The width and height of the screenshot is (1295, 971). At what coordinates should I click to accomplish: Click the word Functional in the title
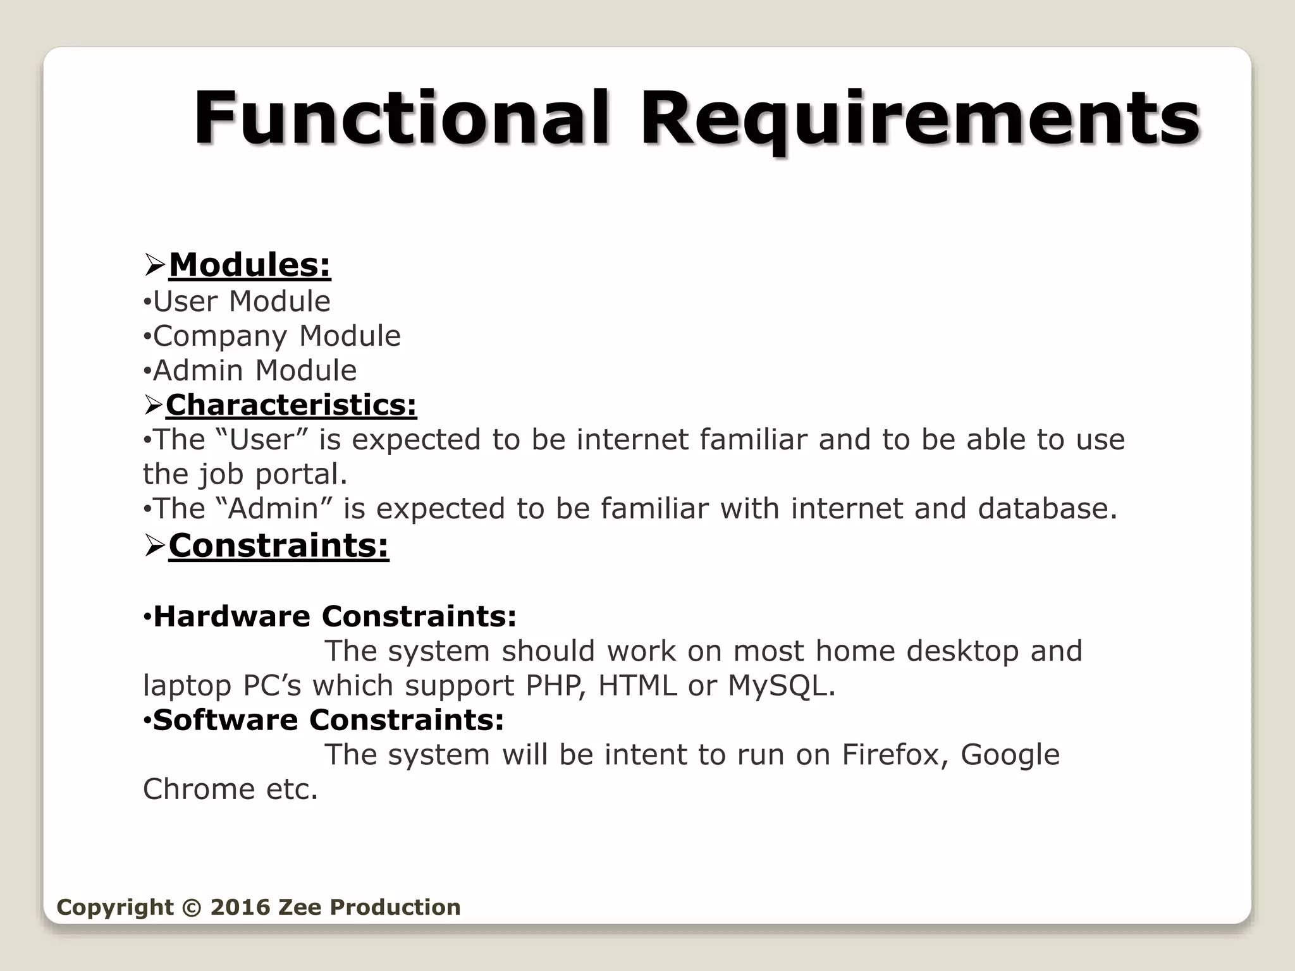pyautogui.click(x=402, y=119)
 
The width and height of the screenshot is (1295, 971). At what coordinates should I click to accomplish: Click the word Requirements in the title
pyautogui.click(x=919, y=119)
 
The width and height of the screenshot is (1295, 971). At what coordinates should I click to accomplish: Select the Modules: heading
pyautogui.click(x=250, y=265)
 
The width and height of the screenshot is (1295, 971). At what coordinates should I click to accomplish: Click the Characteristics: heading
pyautogui.click(x=291, y=405)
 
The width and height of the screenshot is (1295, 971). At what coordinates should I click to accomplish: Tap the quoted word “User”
pyautogui.click(x=262, y=439)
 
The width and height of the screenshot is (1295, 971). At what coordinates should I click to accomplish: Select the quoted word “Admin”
pyautogui.click(x=274, y=508)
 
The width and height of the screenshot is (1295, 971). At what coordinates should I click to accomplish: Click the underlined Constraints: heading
pyautogui.click(x=278, y=546)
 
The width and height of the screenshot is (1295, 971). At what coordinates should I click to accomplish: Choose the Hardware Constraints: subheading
pyautogui.click(x=334, y=616)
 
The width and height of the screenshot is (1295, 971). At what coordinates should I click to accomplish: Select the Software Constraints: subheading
pyautogui.click(x=328, y=720)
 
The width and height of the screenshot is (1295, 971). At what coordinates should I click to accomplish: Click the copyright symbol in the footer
pyautogui.click(x=192, y=907)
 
